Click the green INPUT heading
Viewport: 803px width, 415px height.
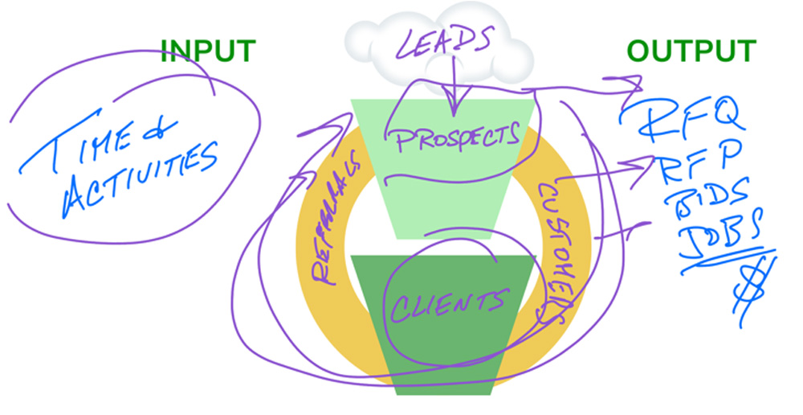click(208, 51)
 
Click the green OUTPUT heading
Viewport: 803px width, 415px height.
click(691, 51)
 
